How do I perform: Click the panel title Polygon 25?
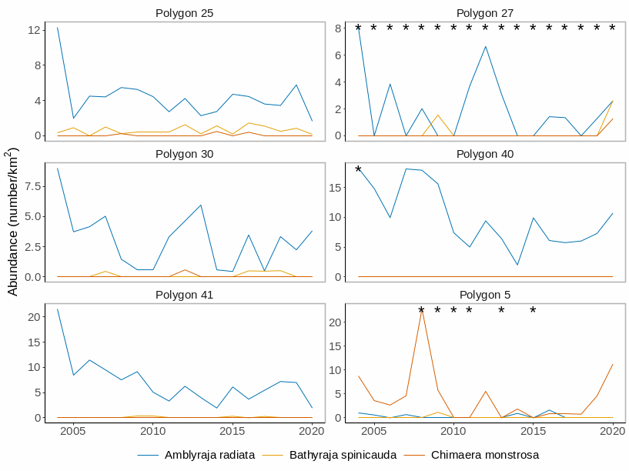(x=184, y=13)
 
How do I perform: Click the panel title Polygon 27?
(x=485, y=13)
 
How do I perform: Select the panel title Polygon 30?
(x=184, y=154)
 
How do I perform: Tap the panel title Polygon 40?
(x=485, y=154)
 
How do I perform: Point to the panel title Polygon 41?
(x=184, y=295)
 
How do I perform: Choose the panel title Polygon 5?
(x=485, y=295)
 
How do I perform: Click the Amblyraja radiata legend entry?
(x=209, y=455)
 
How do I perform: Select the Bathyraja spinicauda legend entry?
(x=343, y=455)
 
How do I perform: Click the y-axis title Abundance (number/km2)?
(x=12, y=222)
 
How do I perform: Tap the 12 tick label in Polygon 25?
(x=34, y=30)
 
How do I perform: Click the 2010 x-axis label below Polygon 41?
(x=152, y=432)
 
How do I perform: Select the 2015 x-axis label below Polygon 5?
(x=533, y=432)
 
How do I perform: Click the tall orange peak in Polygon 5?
(x=422, y=310)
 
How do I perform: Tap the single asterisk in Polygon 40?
(x=358, y=170)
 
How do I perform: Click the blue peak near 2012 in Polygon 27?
(x=485, y=47)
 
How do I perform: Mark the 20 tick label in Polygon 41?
(x=34, y=316)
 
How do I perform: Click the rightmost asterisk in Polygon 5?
(x=533, y=311)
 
